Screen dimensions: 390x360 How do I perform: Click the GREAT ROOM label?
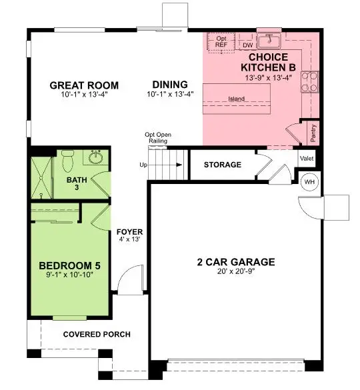click(x=85, y=85)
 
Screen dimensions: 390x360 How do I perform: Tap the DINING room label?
click(x=169, y=85)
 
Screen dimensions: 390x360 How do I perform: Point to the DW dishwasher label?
click(x=247, y=45)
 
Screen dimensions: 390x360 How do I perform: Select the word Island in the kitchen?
click(x=236, y=99)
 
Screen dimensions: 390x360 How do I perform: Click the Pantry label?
click(x=313, y=133)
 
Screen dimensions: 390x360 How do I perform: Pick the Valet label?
click(x=307, y=159)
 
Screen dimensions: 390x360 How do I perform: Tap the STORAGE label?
click(x=222, y=165)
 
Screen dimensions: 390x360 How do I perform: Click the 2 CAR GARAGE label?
click(x=236, y=262)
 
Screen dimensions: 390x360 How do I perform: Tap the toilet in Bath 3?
click(x=67, y=160)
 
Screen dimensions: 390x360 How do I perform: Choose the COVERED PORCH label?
click(x=97, y=334)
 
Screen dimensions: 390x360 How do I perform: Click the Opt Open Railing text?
click(x=159, y=139)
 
